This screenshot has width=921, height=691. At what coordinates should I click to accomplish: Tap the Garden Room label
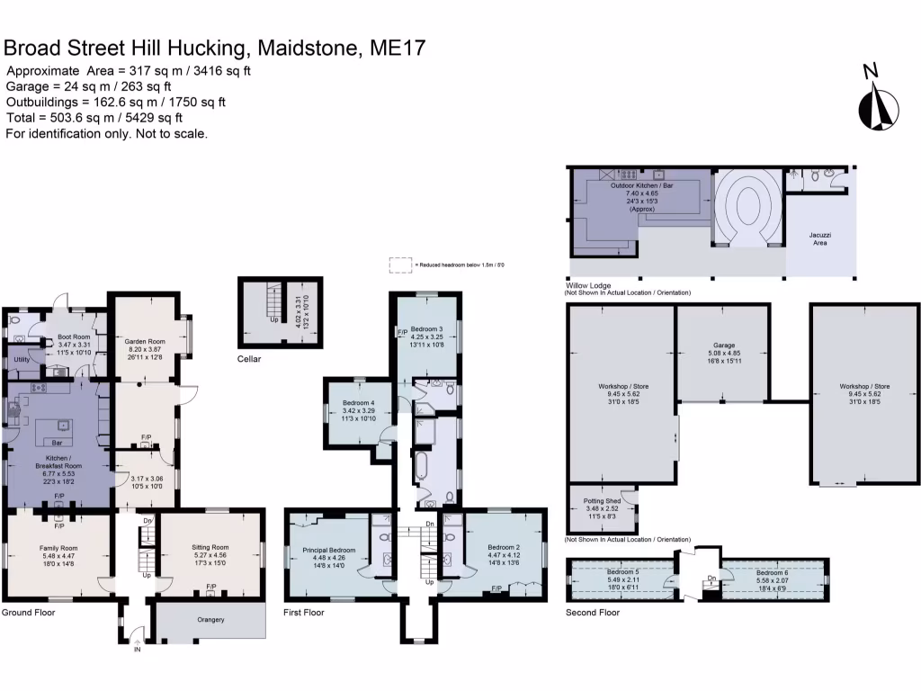[x=145, y=342]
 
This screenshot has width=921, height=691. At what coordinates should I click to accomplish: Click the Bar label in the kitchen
[x=57, y=444]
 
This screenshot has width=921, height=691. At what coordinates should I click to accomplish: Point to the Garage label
[x=724, y=345]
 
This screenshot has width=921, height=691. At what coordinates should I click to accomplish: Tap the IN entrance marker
[x=138, y=650]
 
